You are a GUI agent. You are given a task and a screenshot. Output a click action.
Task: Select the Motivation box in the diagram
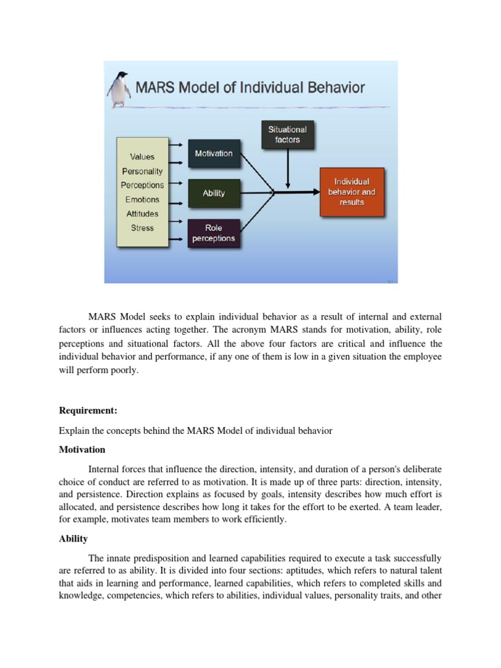coord(213,153)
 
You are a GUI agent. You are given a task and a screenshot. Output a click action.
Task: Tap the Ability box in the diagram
coord(213,193)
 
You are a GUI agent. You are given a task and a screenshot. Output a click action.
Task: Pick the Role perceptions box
coord(213,234)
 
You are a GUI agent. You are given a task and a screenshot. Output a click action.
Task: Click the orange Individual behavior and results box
coord(352,192)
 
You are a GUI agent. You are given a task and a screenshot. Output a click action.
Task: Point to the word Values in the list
coord(142,157)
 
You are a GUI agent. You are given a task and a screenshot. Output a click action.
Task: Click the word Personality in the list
coord(142,171)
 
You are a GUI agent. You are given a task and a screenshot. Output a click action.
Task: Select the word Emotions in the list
coord(142,200)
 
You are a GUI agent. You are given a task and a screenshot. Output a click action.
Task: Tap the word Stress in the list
coord(142,228)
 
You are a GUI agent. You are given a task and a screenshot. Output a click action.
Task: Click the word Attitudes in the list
coord(142,214)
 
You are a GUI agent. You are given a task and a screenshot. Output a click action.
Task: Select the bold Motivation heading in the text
coord(82,449)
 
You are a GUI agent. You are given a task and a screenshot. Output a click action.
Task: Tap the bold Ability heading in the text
coord(73,539)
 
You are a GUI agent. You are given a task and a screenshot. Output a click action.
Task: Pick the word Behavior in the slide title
coord(333,87)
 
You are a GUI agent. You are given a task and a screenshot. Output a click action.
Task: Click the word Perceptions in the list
coord(142,185)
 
